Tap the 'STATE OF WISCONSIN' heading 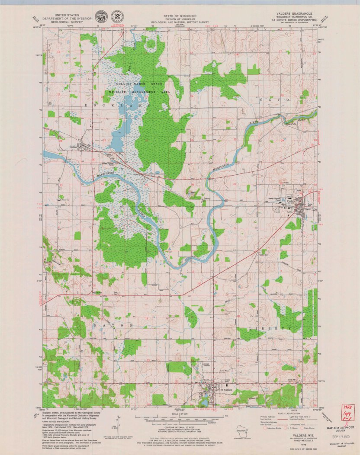(180, 15)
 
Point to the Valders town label (291, 201)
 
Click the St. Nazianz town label (227, 390)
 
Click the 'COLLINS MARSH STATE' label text (137, 83)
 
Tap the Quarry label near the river (207, 199)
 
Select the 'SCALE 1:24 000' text (180, 414)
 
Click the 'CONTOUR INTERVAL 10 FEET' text (180, 426)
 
